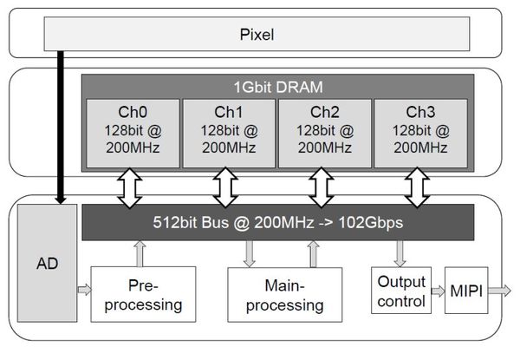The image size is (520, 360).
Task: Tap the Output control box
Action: tap(402, 291)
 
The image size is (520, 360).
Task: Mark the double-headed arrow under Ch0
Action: tap(132, 187)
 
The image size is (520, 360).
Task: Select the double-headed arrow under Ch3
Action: tap(419, 187)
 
